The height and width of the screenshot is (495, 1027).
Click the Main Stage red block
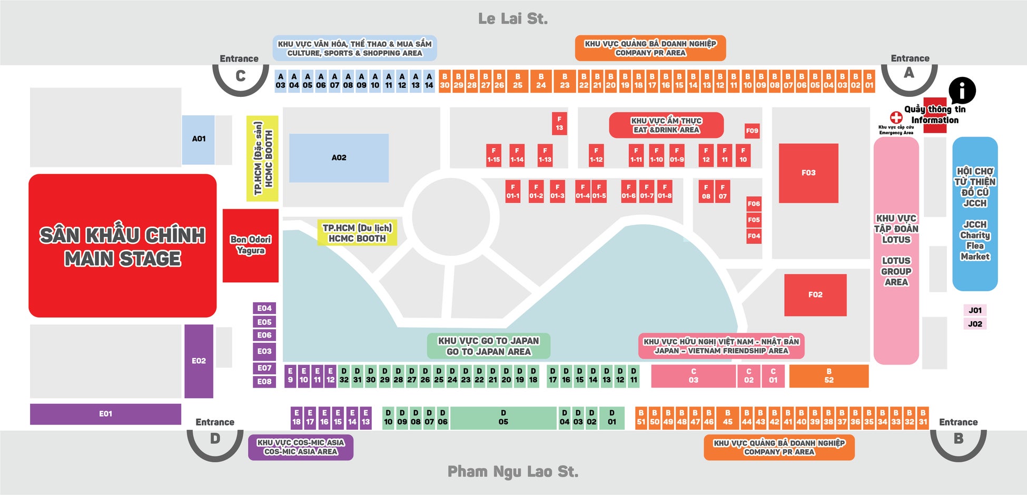point(122,246)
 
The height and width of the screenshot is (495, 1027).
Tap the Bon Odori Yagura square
point(251,245)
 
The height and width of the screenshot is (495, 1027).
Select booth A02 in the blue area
point(339,157)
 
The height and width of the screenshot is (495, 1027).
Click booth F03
point(808,173)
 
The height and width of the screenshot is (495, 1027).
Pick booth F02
point(815,295)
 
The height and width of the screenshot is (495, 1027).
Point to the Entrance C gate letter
point(240,76)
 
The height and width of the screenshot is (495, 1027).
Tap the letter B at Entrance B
point(958,439)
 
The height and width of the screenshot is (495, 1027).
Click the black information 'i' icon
point(962,90)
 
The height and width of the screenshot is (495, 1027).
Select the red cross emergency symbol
point(896,117)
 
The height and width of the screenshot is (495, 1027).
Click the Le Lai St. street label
point(513,19)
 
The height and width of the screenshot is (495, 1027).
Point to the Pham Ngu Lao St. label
point(513,472)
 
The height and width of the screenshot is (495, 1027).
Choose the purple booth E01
point(105,414)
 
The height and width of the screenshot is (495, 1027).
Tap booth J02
point(975,324)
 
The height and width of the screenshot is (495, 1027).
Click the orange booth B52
point(828,376)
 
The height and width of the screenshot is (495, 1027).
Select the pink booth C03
point(693,376)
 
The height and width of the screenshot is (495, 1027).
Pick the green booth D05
point(503,418)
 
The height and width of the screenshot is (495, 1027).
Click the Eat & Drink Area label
point(666,125)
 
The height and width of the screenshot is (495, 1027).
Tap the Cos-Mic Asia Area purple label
point(301,447)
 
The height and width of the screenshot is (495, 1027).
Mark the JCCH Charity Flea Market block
point(975,214)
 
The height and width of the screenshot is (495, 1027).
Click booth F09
point(752,131)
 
